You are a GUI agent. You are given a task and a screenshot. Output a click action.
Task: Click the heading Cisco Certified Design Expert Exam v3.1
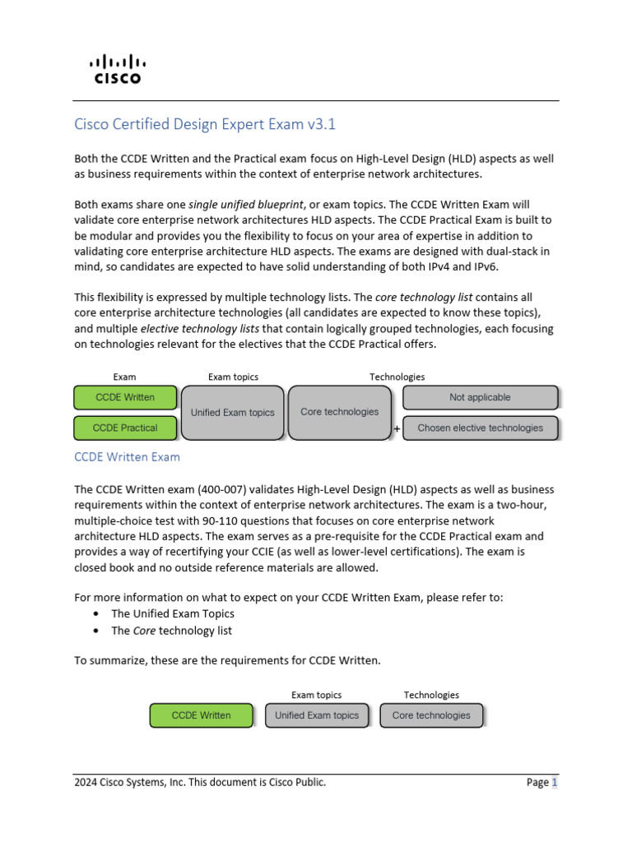click(x=205, y=125)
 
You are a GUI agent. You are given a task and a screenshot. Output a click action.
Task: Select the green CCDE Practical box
click(x=125, y=428)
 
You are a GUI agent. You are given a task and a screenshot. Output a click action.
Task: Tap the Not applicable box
click(x=480, y=397)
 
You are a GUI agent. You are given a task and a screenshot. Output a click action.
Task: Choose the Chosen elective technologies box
click(x=480, y=428)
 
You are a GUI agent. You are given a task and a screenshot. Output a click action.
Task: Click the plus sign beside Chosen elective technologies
click(x=397, y=428)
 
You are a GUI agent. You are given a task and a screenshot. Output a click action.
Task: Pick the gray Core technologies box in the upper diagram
click(x=340, y=412)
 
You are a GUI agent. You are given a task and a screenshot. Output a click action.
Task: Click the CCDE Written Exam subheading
click(x=127, y=456)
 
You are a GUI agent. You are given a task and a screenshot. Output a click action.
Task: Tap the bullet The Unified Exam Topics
click(x=173, y=613)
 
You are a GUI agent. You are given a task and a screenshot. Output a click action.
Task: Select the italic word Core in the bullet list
click(x=144, y=631)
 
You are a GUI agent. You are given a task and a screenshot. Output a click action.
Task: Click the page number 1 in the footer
click(x=555, y=783)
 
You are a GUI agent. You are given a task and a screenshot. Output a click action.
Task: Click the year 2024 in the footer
click(x=86, y=783)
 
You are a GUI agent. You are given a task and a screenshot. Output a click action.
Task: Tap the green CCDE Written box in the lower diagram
click(x=201, y=715)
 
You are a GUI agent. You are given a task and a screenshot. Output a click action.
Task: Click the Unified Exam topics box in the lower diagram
click(x=317, y=715)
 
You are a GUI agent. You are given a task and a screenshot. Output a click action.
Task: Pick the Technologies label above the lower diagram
click(x=431, y=695)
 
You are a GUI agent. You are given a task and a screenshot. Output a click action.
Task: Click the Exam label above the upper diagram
click(x=125, y=377)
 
